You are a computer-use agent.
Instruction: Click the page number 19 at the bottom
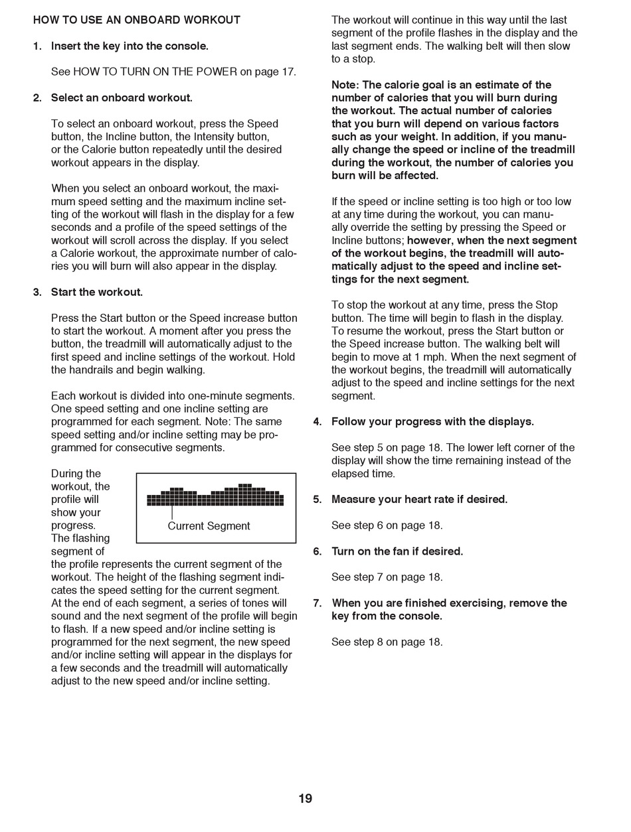[x=305, y=798]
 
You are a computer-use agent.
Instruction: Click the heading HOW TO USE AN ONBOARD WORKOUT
[x=137, y=20]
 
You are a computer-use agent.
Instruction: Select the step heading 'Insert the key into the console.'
[x=130, y=46]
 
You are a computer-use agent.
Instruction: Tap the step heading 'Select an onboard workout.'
[x=122, y=98]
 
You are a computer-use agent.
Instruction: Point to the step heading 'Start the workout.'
[x=97, y=292]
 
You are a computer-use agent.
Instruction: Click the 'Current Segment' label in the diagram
[x=209, y=526]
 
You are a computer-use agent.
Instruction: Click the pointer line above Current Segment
[x=172, y=513]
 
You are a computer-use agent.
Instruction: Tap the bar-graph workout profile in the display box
[x=215, y=496]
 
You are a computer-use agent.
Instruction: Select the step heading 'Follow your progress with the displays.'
[x=432, y=421]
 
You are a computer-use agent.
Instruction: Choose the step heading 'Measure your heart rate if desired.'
[x=419, y=500]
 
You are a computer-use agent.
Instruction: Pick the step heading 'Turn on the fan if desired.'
[x=397, y=551]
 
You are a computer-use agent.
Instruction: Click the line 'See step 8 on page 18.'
[x=387, y=642]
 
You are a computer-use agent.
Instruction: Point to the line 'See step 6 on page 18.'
[x=387, y=525]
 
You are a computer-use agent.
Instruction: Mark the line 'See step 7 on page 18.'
[x=387, y=577]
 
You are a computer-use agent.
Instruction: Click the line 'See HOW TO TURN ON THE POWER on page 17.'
[x=173, y=72]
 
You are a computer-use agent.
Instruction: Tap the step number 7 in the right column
[x=317, y=603]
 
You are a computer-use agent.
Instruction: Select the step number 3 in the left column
[x=37, y=292]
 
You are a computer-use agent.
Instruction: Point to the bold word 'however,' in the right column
[x=428, y=240]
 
